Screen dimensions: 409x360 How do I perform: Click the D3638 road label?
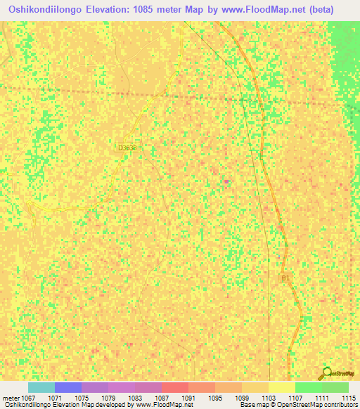127,148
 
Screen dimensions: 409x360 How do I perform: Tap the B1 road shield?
285,278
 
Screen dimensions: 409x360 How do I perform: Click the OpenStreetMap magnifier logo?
326,372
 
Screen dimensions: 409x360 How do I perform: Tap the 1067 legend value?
28,398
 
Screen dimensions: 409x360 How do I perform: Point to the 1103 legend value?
269,398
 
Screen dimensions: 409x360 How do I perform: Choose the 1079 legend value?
108,398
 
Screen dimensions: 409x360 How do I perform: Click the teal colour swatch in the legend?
41,387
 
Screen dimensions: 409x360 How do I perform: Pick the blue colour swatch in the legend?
68,387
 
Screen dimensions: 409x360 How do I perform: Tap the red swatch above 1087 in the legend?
174,387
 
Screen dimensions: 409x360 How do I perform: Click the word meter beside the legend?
11,398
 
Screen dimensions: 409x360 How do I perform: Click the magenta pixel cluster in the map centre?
226,181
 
